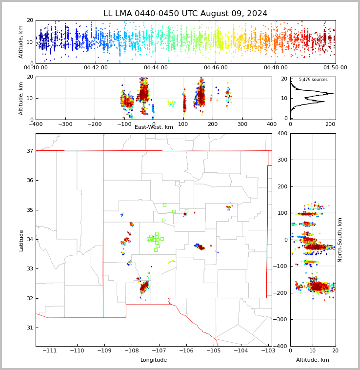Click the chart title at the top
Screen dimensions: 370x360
pyautogui.click(x=185, y=14)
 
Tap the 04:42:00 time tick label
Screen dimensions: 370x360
pyautogui.click(x=96, y=68)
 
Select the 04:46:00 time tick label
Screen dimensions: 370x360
pyautogui.click(x=216, y=68)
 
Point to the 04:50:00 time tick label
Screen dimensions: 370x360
pyautogui.click(x=335, y=68)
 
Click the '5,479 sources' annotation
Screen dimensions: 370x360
pyautogui.click(x=313, y=80)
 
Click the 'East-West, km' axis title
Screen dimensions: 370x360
pyautogui.click(x=154, y=127)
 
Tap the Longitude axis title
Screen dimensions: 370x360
pyautogui.click(x=154, y=360)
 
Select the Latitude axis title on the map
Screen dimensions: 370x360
pyautogui.click(x=21, y=240)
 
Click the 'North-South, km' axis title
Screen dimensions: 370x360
pyautogui.click(x=340, y=240)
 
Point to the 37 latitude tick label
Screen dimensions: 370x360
pyautogui.click(x=29, y=151)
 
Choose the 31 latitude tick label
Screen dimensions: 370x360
pyautogui.click(x=29, y=328)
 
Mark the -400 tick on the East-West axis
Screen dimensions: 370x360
pyautogui.click(x=36, y=124)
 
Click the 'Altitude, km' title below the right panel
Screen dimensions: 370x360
pyautogui.click(x=313, y=360)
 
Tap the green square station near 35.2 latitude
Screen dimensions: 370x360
pyautogui.click(x=164, y=205)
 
